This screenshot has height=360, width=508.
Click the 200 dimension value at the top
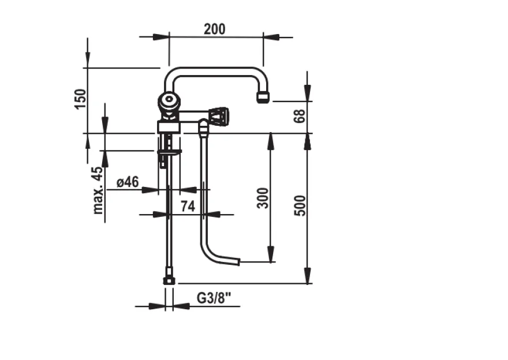point(215,29)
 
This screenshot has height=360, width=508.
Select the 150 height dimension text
point(80,99)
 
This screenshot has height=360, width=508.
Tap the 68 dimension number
point(300,116)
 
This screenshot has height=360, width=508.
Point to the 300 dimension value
point(263,198)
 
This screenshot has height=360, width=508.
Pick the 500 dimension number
point(300,205)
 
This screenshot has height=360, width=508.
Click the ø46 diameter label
point(128,182)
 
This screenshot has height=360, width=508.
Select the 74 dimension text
point(188,206)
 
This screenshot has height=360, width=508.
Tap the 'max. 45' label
point(98,190)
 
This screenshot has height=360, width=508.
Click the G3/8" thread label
point(214,298)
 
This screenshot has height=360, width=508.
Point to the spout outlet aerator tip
point(263,97)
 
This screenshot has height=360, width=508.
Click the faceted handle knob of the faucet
point(219,117)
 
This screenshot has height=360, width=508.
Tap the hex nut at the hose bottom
point(169,280)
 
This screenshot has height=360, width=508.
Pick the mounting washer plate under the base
point(169,152)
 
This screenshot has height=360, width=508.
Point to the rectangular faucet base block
point(169,126)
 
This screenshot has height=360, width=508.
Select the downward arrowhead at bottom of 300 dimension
point(271,254)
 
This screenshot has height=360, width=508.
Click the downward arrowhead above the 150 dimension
point(87,59)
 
